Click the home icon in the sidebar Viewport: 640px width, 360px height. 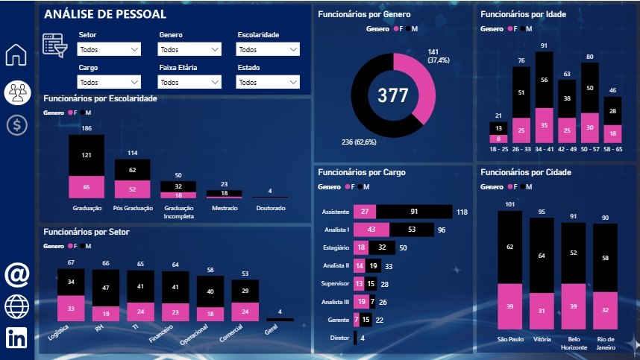[x=16, y=55]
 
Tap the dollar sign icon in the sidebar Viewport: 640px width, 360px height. [x=16, y=124]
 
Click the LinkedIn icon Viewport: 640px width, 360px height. [x=16, y=337]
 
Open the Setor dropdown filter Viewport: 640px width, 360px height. [x=109, y=50]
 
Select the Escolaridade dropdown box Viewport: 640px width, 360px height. [x=268, y=50]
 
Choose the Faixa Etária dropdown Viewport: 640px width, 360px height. [x=189, y=82]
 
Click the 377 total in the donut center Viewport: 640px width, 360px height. [x=393, y=95]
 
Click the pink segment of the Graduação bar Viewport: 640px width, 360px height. [x=87, y=187]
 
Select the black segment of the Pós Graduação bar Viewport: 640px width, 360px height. [x=132, y=170]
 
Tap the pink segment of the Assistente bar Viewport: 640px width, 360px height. [x=365, y=212]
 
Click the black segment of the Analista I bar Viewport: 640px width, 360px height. [x=411, y=230]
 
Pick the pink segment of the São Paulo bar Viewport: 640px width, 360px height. [x=509, y=306]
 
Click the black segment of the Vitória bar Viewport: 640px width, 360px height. [x=542, y=256]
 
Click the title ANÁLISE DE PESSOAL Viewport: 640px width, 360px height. [x=105, y=14]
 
